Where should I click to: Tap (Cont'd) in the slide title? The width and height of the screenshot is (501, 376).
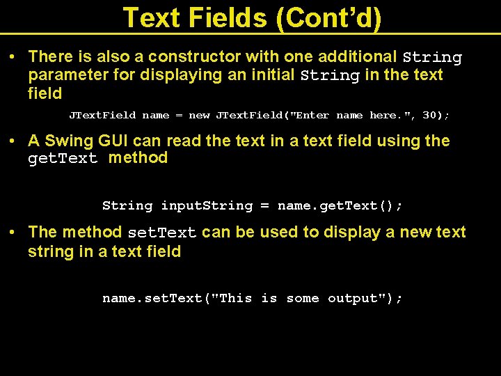pos(329,18)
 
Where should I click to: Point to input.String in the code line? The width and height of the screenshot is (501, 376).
pos(207,206)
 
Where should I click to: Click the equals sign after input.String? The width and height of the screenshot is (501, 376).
pos(264,206)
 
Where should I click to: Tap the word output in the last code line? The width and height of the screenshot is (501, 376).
pos(361,299)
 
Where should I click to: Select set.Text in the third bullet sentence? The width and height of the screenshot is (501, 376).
pos(162,233)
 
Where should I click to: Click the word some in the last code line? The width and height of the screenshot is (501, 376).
pos(303,299)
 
